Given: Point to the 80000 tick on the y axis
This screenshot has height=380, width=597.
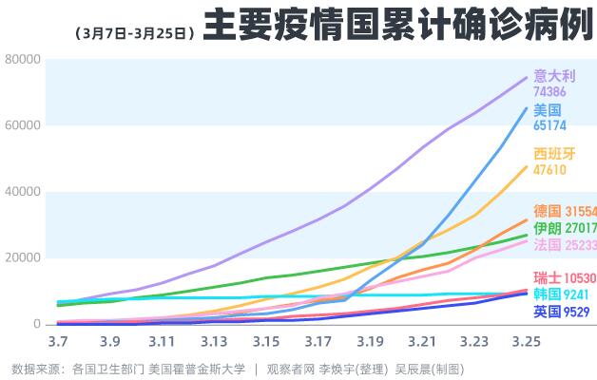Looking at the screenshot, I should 22,60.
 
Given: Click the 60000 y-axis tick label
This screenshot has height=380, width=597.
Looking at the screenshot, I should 22,125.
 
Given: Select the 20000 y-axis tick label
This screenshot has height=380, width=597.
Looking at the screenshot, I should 22,258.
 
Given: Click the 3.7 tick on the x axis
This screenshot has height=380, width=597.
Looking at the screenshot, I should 57,340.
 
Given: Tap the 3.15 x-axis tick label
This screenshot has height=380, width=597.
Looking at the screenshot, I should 265,340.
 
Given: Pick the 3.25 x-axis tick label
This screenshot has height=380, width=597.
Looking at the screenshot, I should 526,340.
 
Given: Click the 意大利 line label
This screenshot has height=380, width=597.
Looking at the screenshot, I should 554,76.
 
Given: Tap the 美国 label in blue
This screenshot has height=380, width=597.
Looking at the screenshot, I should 547,109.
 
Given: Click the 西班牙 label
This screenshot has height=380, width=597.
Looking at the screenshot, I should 554,154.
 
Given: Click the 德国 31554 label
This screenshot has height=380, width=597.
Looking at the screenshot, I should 565,211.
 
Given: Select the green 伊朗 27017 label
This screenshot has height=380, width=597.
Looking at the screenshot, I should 565,228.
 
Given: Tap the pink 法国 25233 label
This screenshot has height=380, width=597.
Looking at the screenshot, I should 565,245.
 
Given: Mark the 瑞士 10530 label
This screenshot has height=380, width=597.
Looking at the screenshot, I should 565,278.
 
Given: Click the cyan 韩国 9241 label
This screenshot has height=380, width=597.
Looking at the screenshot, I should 561,294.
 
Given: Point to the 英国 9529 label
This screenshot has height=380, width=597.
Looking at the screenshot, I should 561,311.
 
